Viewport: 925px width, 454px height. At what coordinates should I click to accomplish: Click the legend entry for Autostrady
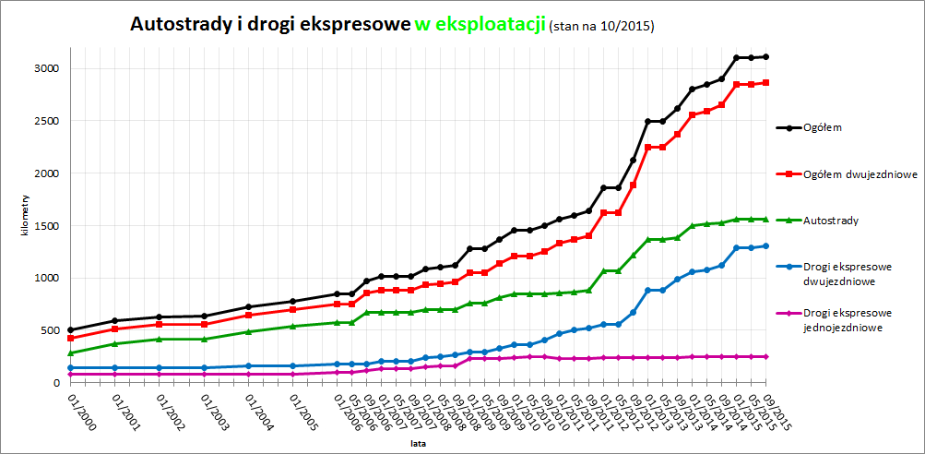click(830, 221)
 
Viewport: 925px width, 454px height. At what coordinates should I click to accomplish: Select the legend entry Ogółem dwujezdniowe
click(859, 173)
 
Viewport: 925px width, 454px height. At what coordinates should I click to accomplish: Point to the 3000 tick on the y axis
click(47, 68)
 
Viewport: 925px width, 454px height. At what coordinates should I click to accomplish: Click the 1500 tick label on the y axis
click(47, 225)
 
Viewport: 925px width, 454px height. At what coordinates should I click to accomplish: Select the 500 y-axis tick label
click(50, 329)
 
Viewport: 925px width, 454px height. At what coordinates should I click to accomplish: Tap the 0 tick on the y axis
click(56, 382)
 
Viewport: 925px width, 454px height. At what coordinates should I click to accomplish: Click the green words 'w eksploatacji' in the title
click(480, 24)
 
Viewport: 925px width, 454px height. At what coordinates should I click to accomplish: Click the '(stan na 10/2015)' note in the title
click(601, 26)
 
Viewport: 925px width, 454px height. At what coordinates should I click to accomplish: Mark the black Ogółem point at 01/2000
click(71, 329)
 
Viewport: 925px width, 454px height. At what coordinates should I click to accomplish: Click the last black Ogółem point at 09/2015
click(766, 57)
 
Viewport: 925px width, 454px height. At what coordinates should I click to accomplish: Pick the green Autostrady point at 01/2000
click(71, 352)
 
